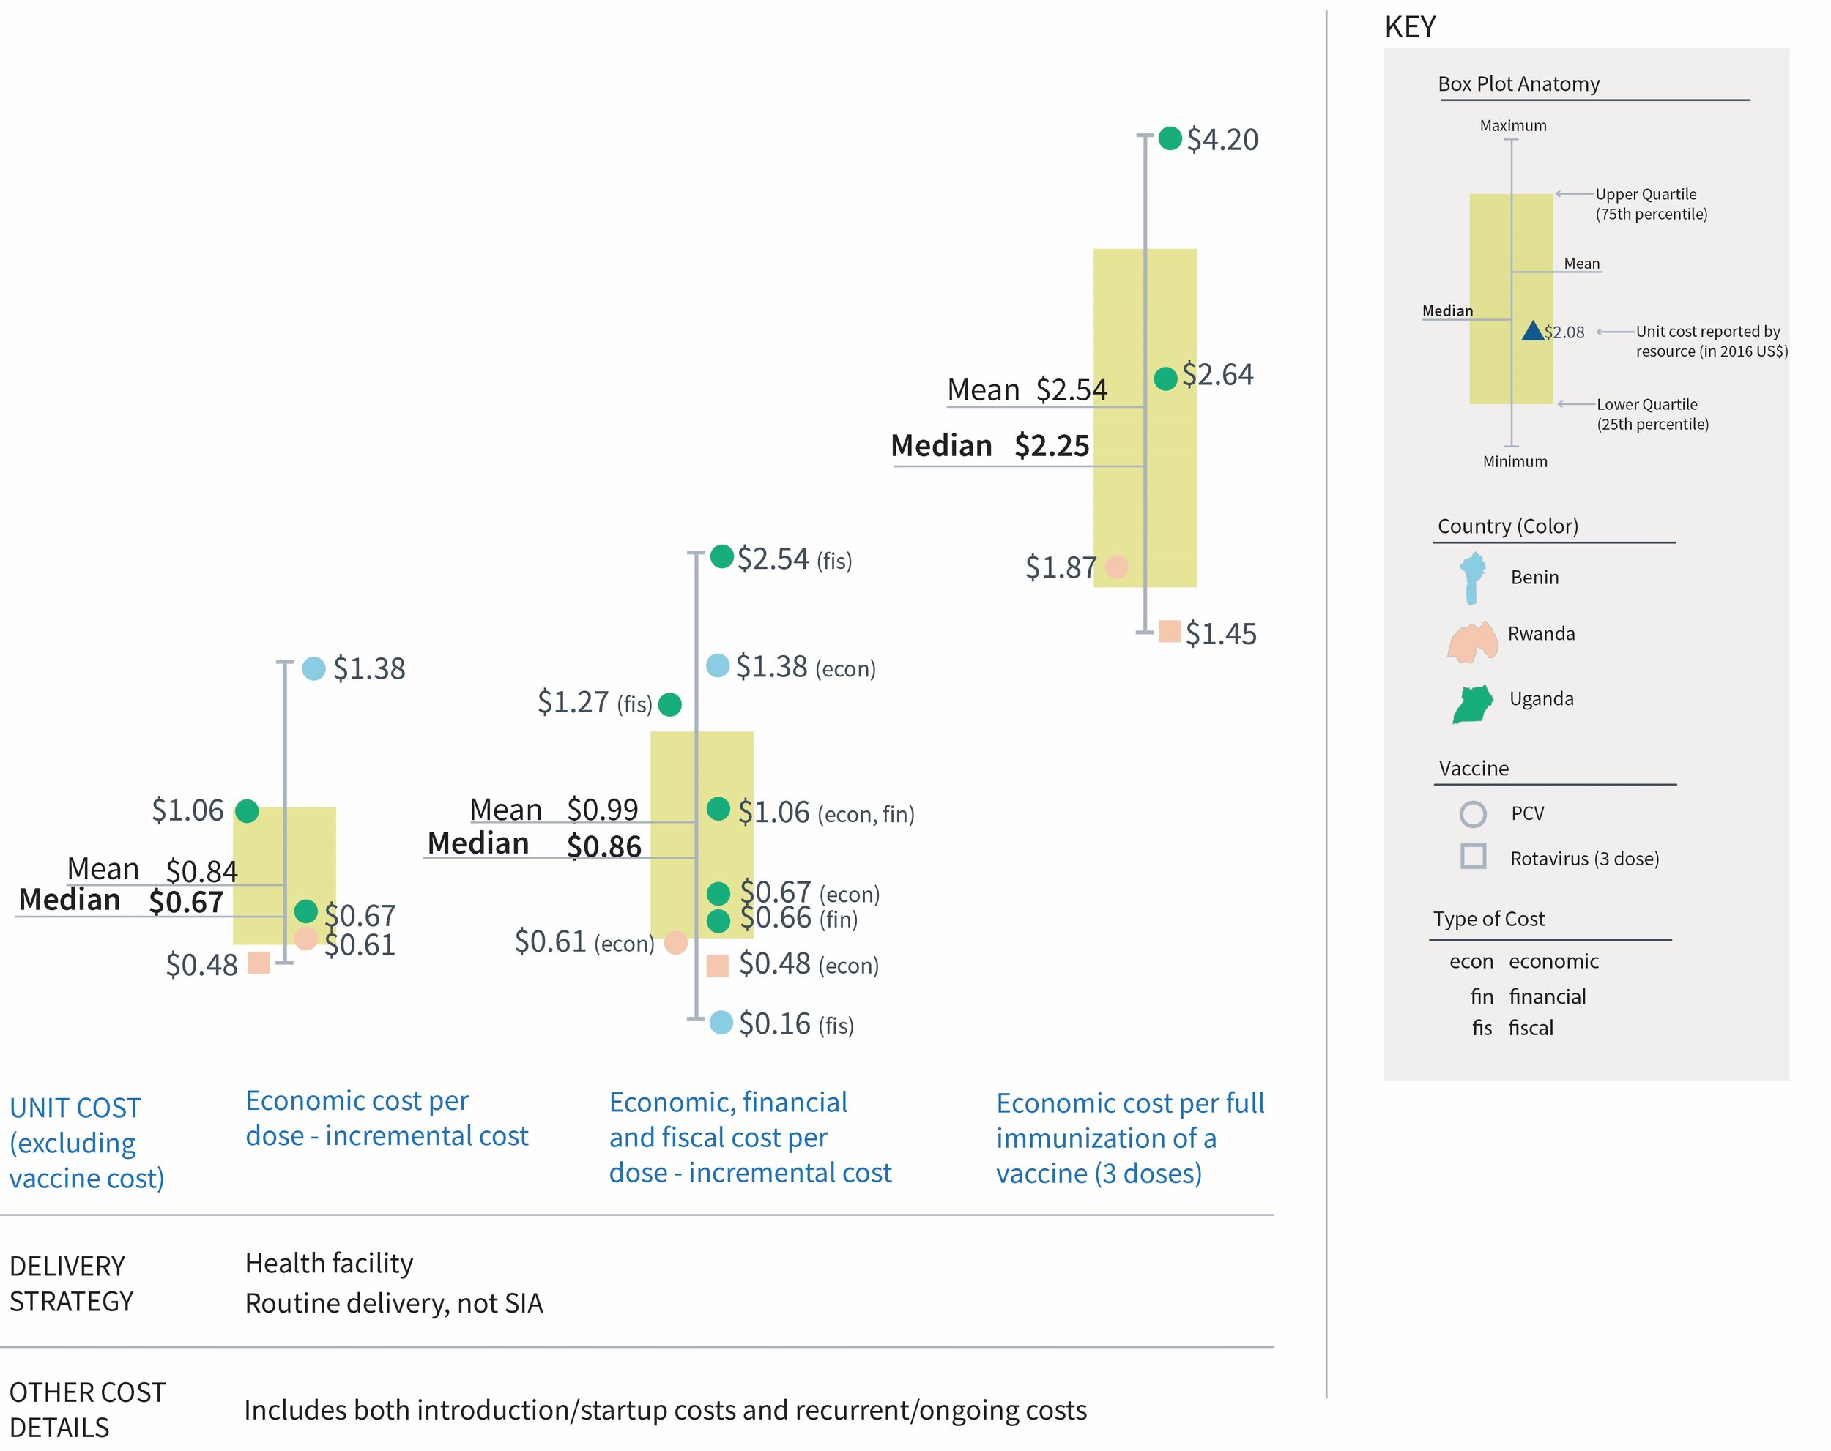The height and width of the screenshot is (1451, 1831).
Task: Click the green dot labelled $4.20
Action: pos(1170,138)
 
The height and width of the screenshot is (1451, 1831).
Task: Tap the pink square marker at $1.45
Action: pos(1170,632)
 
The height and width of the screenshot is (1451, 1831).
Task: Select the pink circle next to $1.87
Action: pos(1117,567)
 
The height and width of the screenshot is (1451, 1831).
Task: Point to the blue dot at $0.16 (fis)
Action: pos(721,1022)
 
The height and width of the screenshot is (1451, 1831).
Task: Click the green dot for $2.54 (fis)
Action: pos(722,556)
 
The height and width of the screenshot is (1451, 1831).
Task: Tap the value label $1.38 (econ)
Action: pos(804,668)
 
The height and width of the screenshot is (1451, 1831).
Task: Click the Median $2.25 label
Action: pos(989,446)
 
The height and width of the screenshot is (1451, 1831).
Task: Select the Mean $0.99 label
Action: pos(554,809)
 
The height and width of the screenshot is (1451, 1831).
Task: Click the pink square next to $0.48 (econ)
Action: pos(718,966)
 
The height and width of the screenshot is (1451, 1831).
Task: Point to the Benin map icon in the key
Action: pos(1473,578)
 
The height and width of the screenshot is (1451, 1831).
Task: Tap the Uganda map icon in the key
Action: pos(1473,704)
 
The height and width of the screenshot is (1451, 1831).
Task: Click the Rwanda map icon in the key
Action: pos(1473,641)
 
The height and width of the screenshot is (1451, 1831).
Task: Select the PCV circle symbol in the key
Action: pos(1473,813)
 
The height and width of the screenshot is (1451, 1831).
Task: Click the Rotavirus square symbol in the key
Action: pos(1474,856)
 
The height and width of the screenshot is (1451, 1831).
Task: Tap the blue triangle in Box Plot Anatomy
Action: pos(1532,330)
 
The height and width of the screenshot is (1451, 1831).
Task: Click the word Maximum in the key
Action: pos(1512,126)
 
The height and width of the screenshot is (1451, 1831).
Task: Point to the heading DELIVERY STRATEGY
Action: pos(71,1283)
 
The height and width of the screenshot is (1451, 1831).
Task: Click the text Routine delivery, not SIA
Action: pos(393,1302)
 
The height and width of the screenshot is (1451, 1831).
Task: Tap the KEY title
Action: pos(1410,28)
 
